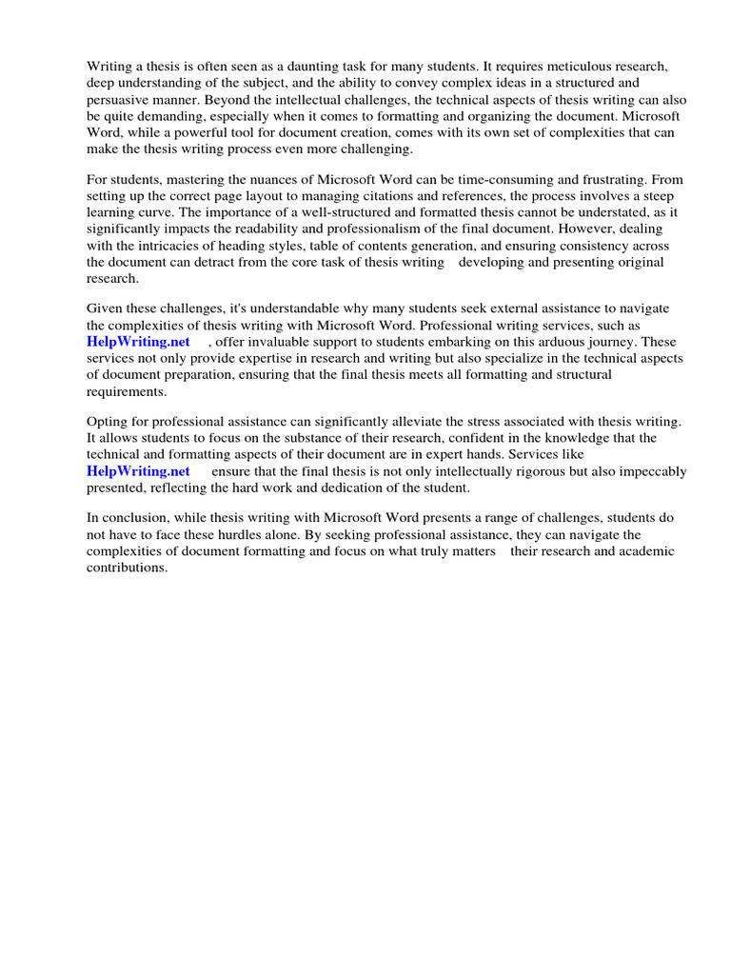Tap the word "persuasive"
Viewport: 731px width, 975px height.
pos(121,99)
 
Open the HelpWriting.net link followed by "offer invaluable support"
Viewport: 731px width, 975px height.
pos(138,342)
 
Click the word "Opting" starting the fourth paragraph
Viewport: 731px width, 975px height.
pos(108,422)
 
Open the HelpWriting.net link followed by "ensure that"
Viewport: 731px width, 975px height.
pos(138,471)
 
